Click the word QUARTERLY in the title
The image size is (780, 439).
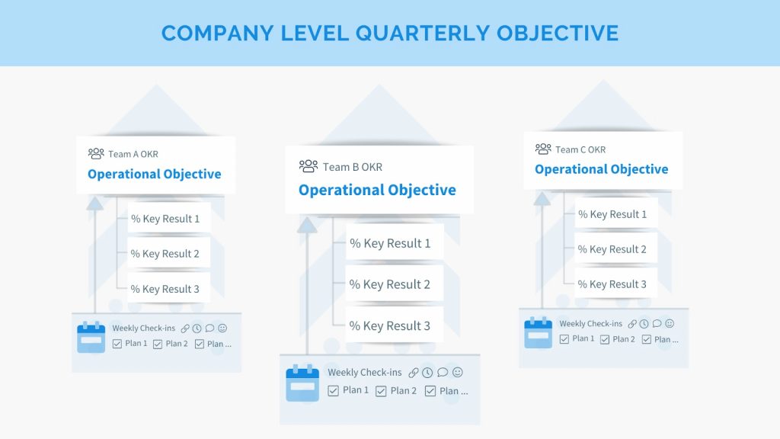[x=422, y=34]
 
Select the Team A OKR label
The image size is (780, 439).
[x=133, y=154]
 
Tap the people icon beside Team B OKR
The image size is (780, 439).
[x=308, y=166]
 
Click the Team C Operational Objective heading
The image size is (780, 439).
[x=602, y=169]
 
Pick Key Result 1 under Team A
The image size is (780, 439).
[x=165, y=219]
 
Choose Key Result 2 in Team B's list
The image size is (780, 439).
[x=389, y=284]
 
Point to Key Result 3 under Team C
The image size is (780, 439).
[x=612, y=284]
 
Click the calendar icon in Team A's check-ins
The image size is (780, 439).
[x=91, y=337]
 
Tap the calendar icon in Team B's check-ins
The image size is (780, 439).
[x=302, y=383]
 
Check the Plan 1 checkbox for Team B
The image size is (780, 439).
[x=334, y=391]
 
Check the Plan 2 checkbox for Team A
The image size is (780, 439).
[x=158, y=344]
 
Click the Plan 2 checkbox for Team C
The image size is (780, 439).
[x=605, y=339]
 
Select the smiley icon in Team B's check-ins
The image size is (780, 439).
[x=458, y=372]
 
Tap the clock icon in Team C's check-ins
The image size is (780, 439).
[x=644, y=323]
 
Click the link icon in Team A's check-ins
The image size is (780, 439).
[x=185, y=328]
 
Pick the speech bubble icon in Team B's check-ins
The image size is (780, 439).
[x=443, y=372]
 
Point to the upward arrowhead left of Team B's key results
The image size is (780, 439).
[x=307, y=226]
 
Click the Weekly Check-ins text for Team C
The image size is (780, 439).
[x=590, y=323]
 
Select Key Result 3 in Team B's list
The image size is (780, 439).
[x=389, y=325]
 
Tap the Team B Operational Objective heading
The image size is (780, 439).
[x=377, y=190]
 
